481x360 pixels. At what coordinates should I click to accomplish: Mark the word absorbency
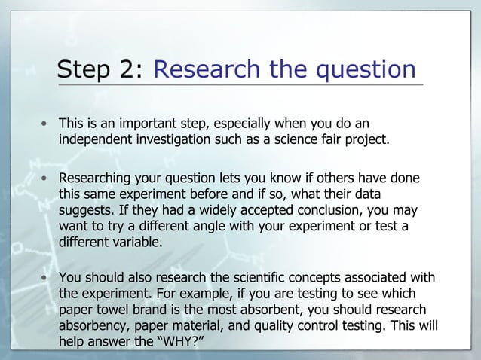click(93, 326)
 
